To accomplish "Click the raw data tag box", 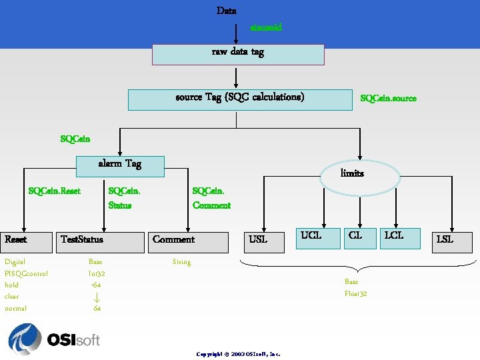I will [x=238, y=54].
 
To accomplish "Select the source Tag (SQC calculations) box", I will [x=239, y=99].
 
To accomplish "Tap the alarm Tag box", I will [x=120, y=166].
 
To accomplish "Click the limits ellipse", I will [x=361, y=175].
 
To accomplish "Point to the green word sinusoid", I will [x=266, y=27].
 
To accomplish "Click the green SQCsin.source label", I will [x=388, y=98].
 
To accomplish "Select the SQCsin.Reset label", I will [x=54, y=191].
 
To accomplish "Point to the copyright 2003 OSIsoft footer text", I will [x=238, y=354].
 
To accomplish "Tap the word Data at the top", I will [x=226, y=11].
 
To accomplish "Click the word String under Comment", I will [x=181, y=262].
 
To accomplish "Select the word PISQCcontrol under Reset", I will [x=26, y=273].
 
